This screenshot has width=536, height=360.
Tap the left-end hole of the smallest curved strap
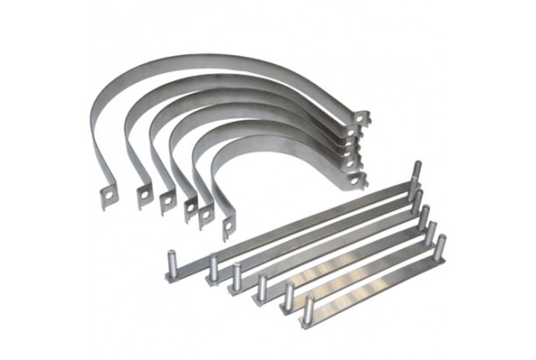(x=227, y=230)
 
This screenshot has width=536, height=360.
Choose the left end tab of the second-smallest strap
(x=207, y=216)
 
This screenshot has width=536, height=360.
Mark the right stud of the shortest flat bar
(x=440, y=244)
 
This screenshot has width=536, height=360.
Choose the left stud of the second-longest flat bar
(x=214, y=268)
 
